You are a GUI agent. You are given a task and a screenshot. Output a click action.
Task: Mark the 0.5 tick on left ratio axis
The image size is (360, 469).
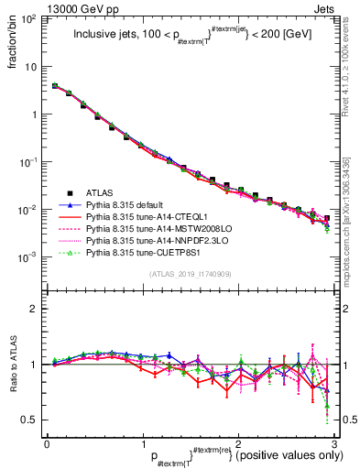pyautogui.click(x=32, y=420)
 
